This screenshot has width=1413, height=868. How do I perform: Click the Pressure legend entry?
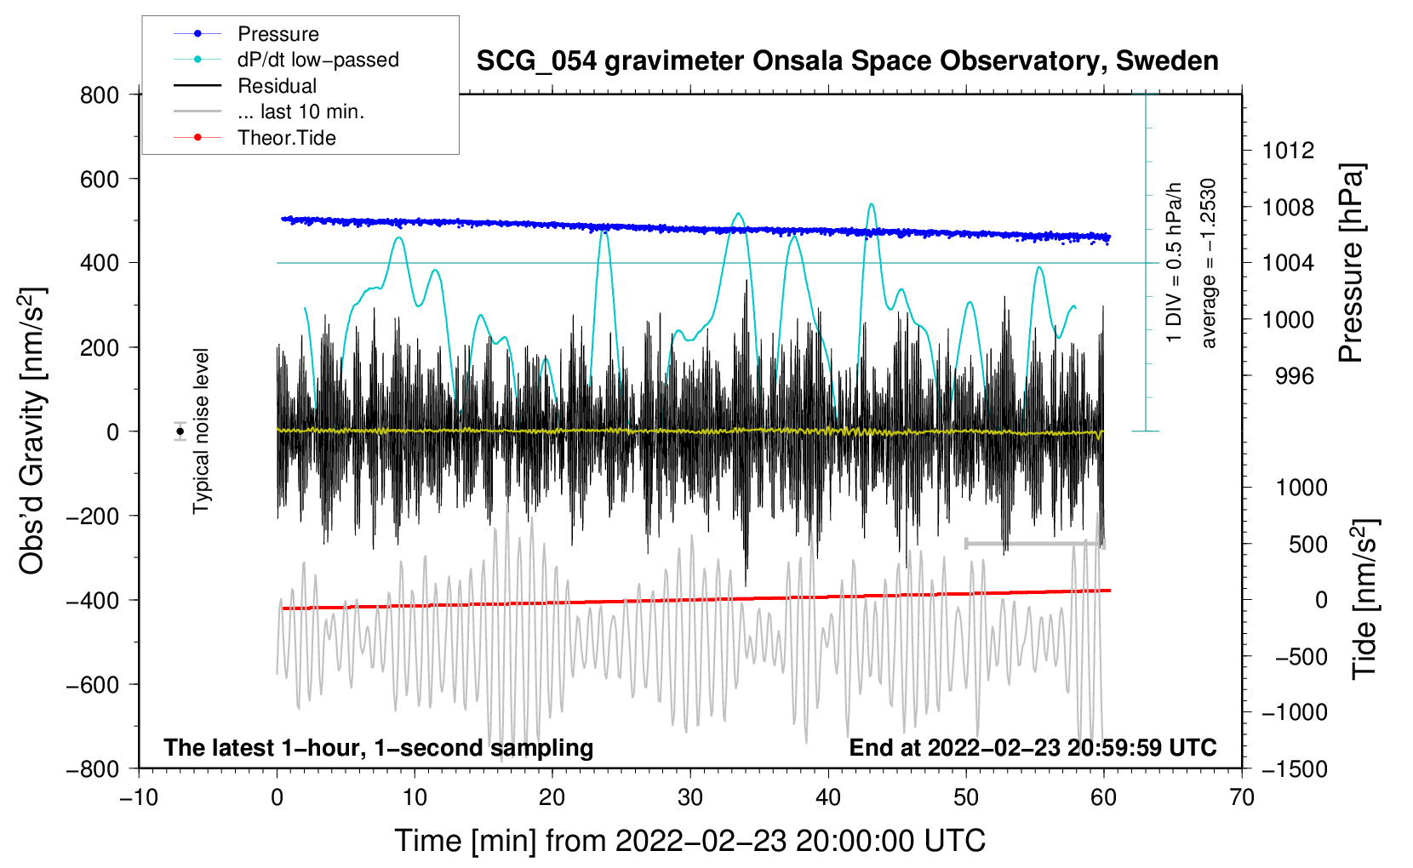click(x=277, y=34)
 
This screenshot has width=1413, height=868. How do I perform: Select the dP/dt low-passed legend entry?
click(x=317, y=60)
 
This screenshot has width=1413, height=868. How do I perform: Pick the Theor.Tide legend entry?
click(x=286, y=138)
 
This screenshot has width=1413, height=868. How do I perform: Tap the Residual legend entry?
click(x=277, y=86)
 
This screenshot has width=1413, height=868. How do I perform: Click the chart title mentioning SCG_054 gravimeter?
click(x=847, y=61)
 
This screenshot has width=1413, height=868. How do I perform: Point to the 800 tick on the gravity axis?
click(x=100, y=95)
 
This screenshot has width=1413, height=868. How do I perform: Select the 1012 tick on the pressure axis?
click(x=1288, y=151)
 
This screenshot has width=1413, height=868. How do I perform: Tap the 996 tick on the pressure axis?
click(x=1295, y=376)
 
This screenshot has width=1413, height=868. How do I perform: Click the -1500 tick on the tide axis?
click(x=1295, y=768)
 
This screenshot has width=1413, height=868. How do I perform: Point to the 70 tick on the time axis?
click(x=1242, y=797)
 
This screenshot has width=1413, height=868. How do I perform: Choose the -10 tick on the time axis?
click(x=139, y=797)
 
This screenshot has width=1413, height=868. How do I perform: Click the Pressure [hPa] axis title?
click(x=1351, y=263)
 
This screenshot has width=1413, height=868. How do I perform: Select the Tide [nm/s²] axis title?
click(x=1364, y=599)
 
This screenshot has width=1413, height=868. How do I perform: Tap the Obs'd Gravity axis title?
click(x=32, y=431)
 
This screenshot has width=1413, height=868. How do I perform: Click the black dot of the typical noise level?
click(x=180, y=431)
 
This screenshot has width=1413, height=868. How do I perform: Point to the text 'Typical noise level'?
click(x=201, y=431)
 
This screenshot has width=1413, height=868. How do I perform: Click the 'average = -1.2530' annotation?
click(x=1208, y=263)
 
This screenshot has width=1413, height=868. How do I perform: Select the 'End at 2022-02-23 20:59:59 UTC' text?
click(x=1033, y=747)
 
